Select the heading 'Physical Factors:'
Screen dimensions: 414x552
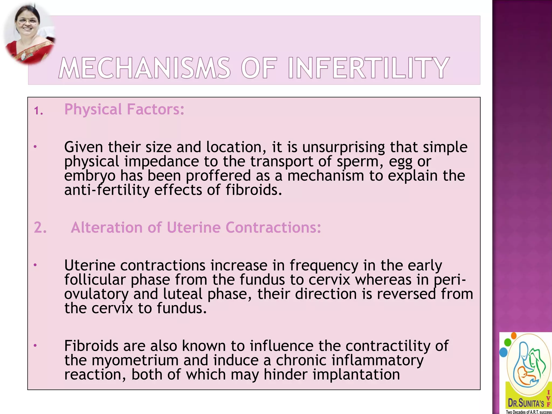pos(124,109)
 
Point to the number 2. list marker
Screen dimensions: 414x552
pos(40,227)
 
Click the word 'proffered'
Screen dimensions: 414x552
pos(218,176)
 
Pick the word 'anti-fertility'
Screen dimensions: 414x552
pos(107,190)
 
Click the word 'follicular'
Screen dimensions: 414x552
pos(95,280)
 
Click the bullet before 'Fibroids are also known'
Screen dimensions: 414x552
pos(35,345)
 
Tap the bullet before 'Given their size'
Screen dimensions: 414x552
pos(35,147)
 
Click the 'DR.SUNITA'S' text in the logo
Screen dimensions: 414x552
pos(526,403)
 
